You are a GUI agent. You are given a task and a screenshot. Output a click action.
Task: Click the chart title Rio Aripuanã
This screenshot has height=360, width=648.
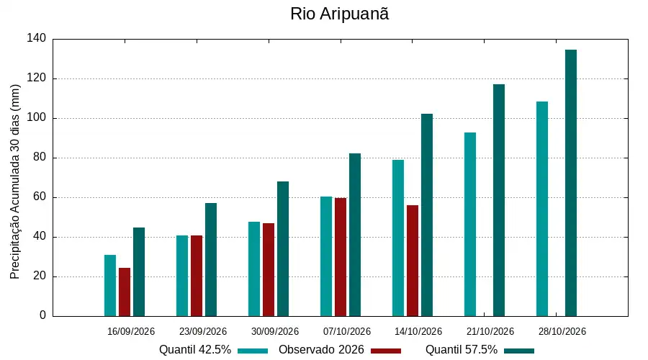pyautogui.click(x=339, y=14)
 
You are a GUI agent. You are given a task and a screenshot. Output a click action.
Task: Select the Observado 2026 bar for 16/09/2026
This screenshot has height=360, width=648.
pyautogui.click(x=125, y=292)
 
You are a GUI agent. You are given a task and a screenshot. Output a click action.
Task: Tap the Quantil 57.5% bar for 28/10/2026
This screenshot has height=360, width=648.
pyautogui.click(x=571, y=183)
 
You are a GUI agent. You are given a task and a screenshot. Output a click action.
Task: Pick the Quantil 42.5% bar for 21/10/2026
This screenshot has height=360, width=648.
pyautogui.click(x=470, y=225)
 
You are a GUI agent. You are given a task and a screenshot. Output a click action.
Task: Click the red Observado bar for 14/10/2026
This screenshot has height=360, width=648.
pyautogui.click(x=413, y=261)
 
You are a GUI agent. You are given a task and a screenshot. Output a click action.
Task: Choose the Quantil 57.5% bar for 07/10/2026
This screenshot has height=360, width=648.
pyautogui.click(x=355, y=235)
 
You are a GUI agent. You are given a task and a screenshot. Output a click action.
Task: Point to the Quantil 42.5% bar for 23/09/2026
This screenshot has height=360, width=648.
pyautogui.click(x=182, y=276)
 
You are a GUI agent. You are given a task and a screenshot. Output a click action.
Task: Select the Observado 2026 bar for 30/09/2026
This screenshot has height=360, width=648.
pyautogui.click(x=269, y=270)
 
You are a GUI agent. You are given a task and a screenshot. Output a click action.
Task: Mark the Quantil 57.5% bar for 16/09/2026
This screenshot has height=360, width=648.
pyautogui.click(x=139, y=272)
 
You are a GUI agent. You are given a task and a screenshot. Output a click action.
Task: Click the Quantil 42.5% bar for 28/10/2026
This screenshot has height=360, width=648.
pyautogui.click(x=542, y=209)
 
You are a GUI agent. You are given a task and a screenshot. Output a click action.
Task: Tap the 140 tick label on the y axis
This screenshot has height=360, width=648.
pyautogui.click(x=37, y=38)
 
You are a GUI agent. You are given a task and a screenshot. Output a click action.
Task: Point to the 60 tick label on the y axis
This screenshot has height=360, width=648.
pyautogui.click(x=40, y=197)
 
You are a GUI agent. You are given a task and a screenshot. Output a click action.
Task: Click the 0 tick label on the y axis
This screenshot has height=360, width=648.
pyautogui.click(x=43, y=315)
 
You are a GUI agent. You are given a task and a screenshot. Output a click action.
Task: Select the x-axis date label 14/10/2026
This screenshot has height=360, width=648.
pyautogui.click(x=418, y=331)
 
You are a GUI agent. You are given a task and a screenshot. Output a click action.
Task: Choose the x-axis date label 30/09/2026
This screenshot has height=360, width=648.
pyautogui.click(x=275, y=331)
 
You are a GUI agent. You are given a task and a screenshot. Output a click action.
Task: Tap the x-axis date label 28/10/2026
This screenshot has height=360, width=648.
pyautogui.click(x=562, y=331)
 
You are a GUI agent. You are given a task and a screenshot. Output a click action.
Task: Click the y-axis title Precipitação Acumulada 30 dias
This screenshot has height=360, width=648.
pyautogui.click(x=15, y=182)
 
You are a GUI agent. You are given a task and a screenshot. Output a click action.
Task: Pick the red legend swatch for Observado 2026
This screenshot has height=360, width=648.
pyautogui.click(x=386, y=351)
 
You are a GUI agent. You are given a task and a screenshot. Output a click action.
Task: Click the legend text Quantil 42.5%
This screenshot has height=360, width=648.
pyautogui.click(x=195, y=350)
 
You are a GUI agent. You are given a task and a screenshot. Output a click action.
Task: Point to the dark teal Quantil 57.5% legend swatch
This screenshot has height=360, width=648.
pyautogui.click(x=519, y=351)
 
